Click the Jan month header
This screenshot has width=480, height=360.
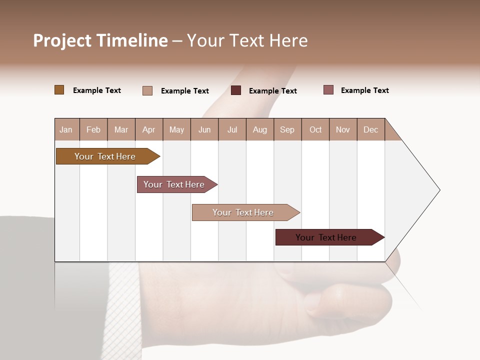point(66,130)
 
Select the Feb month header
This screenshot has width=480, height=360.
point(93,130)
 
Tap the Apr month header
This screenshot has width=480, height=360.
point(148,130)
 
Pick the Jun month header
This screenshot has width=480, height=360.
point(204,130)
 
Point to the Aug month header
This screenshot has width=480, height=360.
point(259,130)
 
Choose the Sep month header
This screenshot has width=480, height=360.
point(287,130)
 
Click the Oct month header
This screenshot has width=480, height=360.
point(315,130)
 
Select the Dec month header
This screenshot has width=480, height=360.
point(370,130)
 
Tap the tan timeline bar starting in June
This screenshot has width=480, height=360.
point(243,212)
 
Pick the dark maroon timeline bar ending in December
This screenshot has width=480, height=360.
point(326,237)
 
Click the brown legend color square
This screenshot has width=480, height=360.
point(59,90)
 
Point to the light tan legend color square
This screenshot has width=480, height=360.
point(147,90)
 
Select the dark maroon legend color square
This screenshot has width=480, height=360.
point(236,90)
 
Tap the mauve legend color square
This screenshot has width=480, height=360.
point(328,90)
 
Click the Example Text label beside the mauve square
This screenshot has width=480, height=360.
point(364,90)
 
